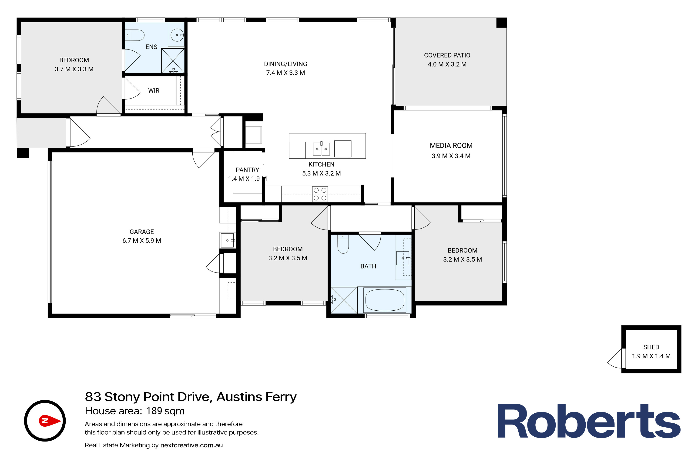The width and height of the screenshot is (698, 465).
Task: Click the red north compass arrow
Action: [x=50, y=421]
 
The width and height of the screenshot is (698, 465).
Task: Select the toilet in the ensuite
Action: [x=135, y=35]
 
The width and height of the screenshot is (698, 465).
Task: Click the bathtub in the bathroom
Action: [x=385, y=300]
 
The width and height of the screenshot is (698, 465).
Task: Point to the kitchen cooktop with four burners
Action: [x=320, y=194]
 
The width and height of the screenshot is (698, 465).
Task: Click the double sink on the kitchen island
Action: [x=321, y=149]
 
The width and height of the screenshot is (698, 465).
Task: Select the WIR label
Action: [x=154, y=91]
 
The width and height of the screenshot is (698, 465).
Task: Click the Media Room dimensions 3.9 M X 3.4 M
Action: [x=451, y=156]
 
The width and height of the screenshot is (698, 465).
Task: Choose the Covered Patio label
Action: [x=447, y=56]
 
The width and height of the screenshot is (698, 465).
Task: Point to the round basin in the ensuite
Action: [x=177, y=35]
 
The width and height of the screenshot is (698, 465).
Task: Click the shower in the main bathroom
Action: [x=344, y=300]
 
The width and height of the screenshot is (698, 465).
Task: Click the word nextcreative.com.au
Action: [x=191, y=445]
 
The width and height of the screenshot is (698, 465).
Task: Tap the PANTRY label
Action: [x=247, y=170]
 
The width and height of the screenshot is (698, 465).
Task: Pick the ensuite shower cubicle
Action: [x=173, y=61]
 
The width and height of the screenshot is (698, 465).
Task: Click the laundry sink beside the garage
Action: [x=227, y=240]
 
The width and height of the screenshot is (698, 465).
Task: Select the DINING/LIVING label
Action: [x=285, y=64]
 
